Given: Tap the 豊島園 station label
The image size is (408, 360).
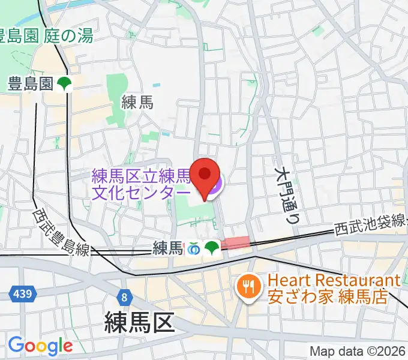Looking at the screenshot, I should tap(31, 84).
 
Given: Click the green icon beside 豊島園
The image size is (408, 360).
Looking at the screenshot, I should tap(65, 85).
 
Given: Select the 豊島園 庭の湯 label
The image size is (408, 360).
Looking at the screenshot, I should tap(46, 36).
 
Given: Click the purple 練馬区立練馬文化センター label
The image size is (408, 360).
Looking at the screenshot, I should tap(142, 184).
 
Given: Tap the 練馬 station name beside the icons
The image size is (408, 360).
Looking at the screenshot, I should tap(167, 247).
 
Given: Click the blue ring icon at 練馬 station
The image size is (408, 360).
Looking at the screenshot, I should tap(194, 248).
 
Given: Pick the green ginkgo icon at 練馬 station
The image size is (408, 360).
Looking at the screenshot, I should tap(211, 248).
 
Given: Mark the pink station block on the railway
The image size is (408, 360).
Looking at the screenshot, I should tap(235, 242).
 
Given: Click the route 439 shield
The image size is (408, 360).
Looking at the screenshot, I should tap(23, 294).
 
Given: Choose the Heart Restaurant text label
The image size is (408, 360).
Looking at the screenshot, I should tap(334, 289).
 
